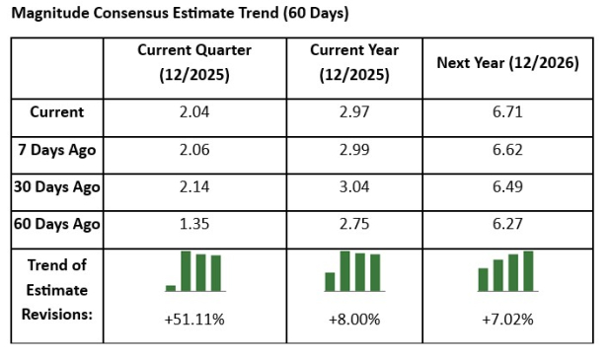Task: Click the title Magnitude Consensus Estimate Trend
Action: coord(180,14)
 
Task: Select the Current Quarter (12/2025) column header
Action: coord(194,62)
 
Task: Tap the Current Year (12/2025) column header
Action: coord(353,62)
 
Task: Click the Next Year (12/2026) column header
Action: coord(507,62)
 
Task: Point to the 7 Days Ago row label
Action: coord(56,149)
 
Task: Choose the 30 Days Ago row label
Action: coord(56,186)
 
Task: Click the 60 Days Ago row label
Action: coord(56,224)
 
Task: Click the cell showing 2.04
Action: coord(194,112)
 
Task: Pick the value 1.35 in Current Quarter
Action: coord(194,224)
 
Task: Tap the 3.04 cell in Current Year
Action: coord(353,186)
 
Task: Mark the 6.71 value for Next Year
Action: coord(507,112)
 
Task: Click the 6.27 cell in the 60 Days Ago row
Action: coord(507,224)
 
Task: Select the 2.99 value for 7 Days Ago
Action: coord(353,149)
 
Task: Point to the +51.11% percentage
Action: coord(194,321)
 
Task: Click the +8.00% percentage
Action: coord(353,321)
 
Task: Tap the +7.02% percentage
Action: coord(507,321)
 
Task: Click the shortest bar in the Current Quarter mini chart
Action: coord(171,288)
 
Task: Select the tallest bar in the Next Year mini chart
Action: coord(528,271)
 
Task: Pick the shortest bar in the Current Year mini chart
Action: coord(330,282)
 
